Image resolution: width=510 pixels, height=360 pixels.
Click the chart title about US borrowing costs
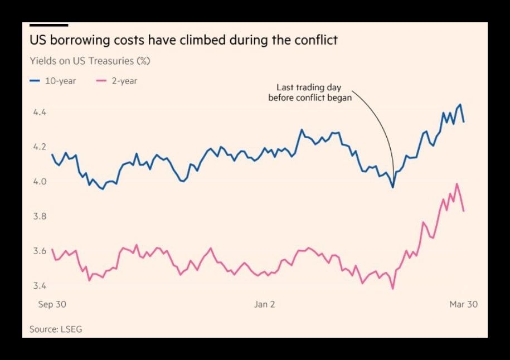(183, 41)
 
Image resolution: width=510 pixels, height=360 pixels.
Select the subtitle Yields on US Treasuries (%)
(90, 60)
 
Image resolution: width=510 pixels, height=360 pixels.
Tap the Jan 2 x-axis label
(264, 304)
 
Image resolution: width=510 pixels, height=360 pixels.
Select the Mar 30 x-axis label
(464, 304)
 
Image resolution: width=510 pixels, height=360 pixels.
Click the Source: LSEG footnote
(56, 329)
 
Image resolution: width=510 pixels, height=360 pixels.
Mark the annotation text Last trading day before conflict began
(310, 93)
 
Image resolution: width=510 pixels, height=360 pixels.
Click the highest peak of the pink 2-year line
(458, 183)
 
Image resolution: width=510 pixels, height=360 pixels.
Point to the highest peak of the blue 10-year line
(460, 104)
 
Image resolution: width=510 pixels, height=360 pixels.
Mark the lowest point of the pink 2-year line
(393, 289)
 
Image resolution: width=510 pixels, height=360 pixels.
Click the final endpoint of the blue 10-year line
(464, 121)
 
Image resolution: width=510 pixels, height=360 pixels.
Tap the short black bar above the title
(48, 25)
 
